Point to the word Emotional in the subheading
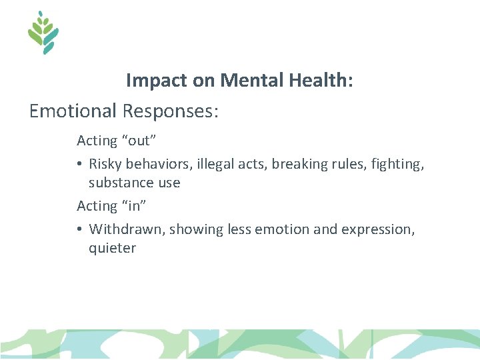point(73,111)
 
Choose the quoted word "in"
point(129,205)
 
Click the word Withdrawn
point(127,229)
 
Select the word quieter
point(112,248)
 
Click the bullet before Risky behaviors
point(79,163)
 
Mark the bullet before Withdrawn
point(79,229)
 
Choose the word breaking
point(297,163)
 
